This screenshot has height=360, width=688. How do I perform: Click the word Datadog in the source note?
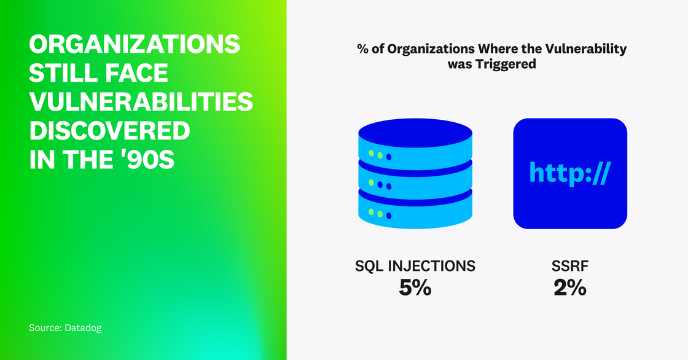(83, 328)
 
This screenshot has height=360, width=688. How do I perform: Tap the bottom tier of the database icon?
(415, 210)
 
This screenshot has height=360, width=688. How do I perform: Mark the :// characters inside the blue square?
(596, 174)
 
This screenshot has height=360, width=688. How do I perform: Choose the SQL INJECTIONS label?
(415, 266)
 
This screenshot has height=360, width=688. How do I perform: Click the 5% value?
(415, 288)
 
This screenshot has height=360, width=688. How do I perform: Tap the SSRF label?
(570, 266)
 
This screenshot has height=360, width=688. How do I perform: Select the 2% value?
(570, 288)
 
